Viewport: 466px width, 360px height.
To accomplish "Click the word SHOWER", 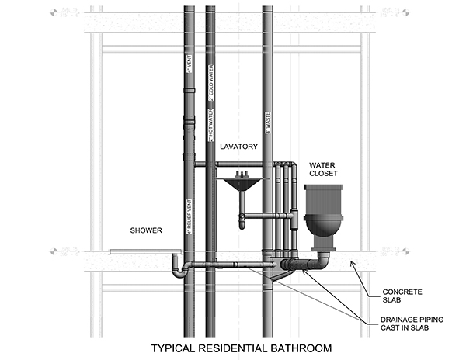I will coord(146,230).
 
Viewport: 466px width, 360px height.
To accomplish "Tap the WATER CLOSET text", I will coord(323,169).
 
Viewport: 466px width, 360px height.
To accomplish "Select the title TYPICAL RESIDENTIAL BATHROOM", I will coord(241,348).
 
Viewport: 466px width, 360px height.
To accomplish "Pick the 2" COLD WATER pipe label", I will coord(210,86).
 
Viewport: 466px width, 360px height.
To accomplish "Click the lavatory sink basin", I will coord(239,186).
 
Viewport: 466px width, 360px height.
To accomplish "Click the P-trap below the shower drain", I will coord(178,269).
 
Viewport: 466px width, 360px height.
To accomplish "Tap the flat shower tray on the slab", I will coord(144,251).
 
